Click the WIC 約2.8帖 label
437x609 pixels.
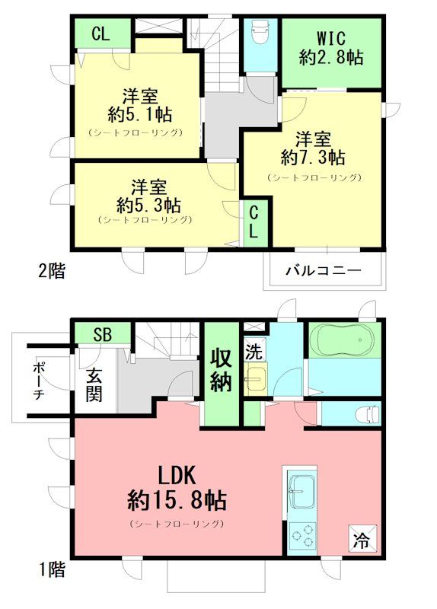point(331,47)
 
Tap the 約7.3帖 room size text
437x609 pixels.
point(313,158)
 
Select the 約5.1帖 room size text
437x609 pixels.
point(139,116)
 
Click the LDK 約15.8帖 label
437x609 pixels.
point(177,489)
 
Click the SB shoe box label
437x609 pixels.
point(102,333)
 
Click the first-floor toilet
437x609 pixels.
point(368,413)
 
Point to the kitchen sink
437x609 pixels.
point(304,487)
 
